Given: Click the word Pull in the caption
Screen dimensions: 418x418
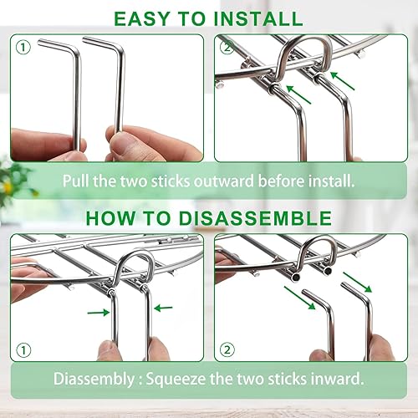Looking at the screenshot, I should point(76,179).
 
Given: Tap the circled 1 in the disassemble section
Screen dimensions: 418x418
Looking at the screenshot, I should point(23,348).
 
